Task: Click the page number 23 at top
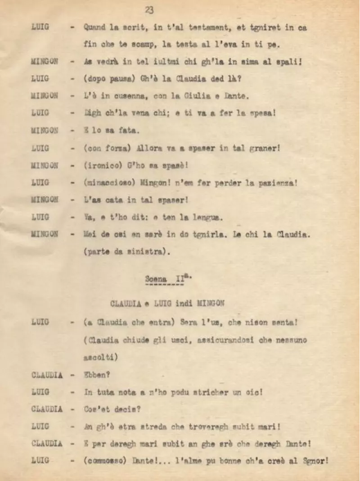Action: click(149, 10)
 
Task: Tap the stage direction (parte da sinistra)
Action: click(127, 252)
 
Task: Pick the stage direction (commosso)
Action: click(106, 461)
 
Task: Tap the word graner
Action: click(263, 148)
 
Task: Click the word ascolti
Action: click(101, 357)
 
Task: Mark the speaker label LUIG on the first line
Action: click(40, 27)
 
